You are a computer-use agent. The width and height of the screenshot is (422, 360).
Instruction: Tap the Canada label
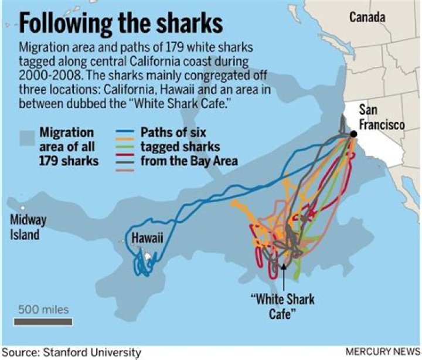coord(367,17)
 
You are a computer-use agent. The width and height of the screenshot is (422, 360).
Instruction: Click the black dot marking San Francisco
coord(354,135)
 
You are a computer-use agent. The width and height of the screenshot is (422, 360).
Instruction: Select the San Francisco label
coord(381,117)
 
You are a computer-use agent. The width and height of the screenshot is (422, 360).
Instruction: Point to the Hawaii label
coord(147,238)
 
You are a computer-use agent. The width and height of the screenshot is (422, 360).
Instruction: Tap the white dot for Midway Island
coord(23,208)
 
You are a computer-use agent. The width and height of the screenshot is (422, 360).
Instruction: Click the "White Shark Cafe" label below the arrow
coord(283,306)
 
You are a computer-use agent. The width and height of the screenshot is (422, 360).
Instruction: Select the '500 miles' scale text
coord(43,309)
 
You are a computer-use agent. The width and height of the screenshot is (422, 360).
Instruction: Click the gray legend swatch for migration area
coord(26,139)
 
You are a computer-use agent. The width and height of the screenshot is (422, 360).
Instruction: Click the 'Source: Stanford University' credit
coord(71,352)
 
